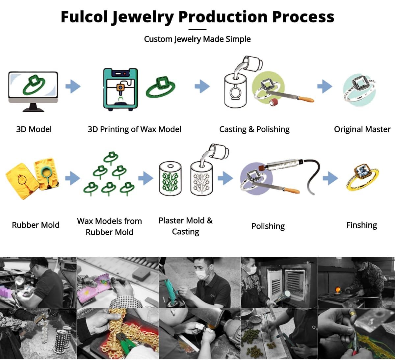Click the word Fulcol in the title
(84, 17)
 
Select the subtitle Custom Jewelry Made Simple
(197, 39)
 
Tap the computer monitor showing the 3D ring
(33, 87)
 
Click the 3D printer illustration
(120, 89)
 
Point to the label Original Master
(362, 129)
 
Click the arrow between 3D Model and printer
(73, 87)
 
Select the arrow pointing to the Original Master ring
(325, 87)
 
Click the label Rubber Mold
(36, 225)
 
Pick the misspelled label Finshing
(361, 225)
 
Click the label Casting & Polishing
(254, 129)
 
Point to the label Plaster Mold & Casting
(186, 226)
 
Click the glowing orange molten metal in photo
(337, 290)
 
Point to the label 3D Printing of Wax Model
(134, 129)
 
